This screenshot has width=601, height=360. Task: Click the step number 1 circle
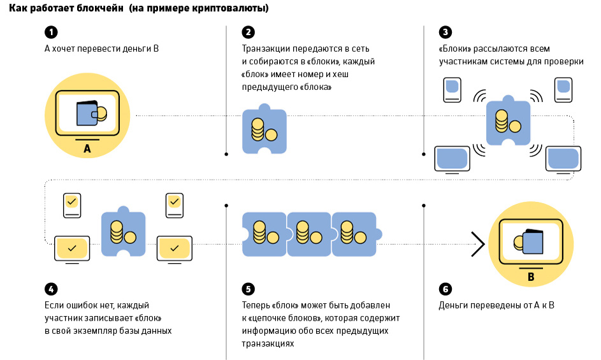point(50,32)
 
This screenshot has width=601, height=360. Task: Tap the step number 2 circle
point(248,32)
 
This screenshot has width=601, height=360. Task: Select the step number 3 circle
point(445,32)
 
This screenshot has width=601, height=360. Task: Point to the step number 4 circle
point(50,288)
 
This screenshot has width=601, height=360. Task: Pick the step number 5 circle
point(248,288)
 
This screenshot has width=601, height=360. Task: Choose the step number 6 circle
point(445,288)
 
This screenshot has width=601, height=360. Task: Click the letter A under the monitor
point(87,150)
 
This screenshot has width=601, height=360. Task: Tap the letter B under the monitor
point(530,277)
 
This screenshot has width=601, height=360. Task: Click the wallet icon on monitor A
point(90,113)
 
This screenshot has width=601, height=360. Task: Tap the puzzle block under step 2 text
point(264,129)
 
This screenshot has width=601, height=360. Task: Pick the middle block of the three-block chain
point(308,233)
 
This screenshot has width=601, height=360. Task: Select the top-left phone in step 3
point(452,89)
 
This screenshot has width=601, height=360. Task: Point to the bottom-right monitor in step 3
point(562,157)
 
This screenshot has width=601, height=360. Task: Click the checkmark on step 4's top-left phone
point(71,203)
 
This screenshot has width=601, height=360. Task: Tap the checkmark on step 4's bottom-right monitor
point(175,247)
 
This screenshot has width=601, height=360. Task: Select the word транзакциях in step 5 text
point(268,343)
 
